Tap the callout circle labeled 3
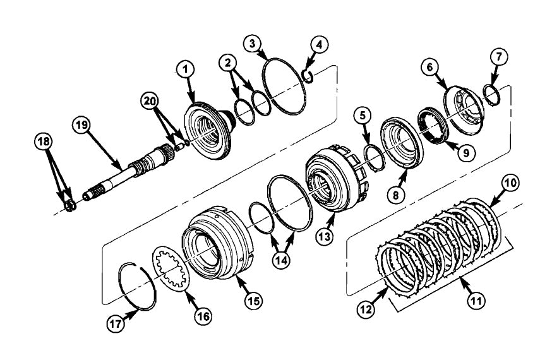click(x=253, y=44)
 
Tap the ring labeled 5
click(x=372, y=156)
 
